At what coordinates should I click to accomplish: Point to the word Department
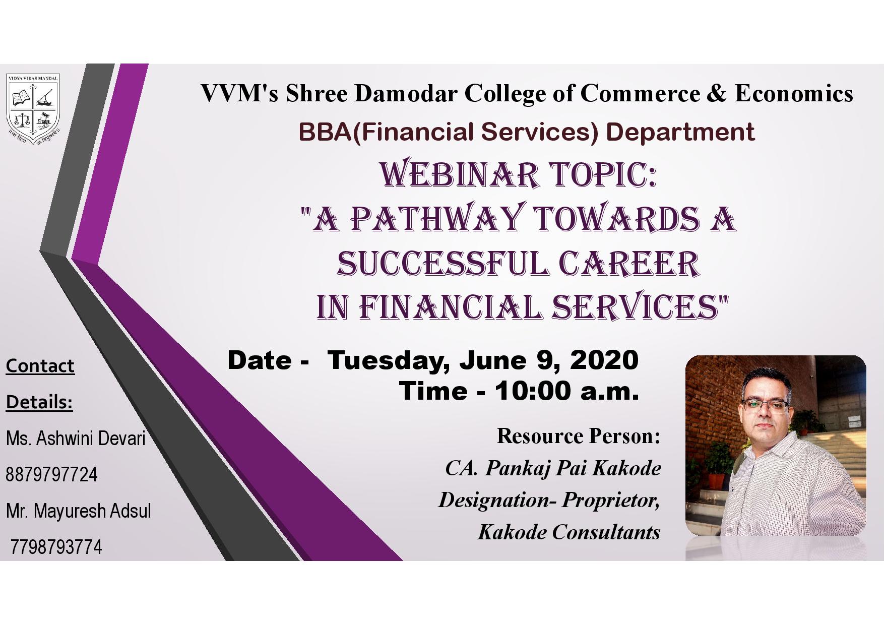coord(680,132)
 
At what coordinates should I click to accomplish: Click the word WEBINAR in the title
coord(459,174)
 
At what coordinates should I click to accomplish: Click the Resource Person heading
coord(579,436)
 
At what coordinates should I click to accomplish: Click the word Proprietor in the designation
coord(611,501)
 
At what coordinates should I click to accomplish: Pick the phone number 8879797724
coord(51,475)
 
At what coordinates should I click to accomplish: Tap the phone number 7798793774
coord(56,547)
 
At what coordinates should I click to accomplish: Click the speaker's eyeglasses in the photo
coord(765,405)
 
